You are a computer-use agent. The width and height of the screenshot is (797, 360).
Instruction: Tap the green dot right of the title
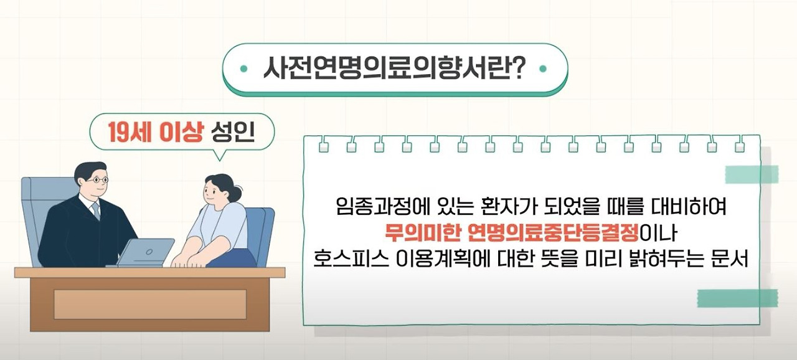point(544,69)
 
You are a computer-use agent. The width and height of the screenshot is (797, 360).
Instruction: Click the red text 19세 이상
point(155,133)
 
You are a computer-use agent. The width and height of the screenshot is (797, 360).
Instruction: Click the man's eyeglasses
point(97,180)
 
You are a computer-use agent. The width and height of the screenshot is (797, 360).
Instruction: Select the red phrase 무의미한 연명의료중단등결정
point(512,233)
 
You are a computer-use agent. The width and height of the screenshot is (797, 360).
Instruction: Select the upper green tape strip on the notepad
point(752,174)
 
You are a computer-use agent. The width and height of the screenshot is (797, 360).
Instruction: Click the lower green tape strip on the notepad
point(737,298)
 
